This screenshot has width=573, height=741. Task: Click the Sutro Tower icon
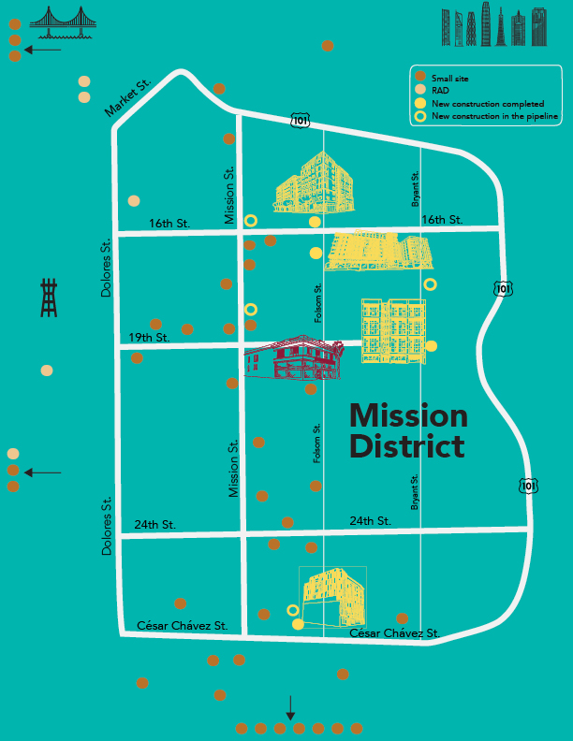coord(50,298)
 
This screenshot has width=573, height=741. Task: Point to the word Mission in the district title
coord(408,415)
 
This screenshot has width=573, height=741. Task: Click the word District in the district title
coord(406,446)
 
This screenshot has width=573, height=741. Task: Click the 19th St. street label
coord(149,337)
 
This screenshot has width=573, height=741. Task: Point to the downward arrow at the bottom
coord(290,707)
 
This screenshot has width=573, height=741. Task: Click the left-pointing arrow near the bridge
coord(42,49)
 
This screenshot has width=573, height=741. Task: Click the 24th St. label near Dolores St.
coord(154,525)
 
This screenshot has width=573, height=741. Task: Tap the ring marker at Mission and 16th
coord(251,221)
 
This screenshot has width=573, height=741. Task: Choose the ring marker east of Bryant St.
coord(430,284)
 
